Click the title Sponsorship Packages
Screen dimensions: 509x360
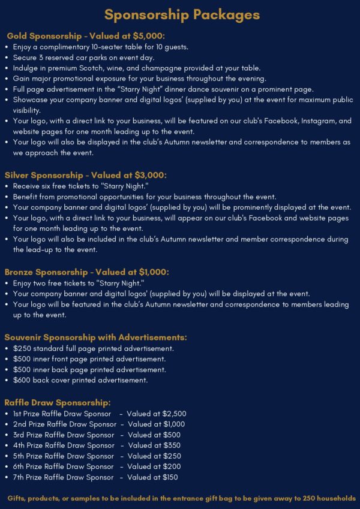[182, 14]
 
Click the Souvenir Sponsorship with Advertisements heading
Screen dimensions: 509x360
[95, 337]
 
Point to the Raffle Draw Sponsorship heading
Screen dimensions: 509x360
[58, 402]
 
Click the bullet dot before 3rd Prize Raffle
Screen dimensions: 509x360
[6, 435]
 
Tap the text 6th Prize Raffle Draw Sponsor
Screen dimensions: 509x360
[64, 466]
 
